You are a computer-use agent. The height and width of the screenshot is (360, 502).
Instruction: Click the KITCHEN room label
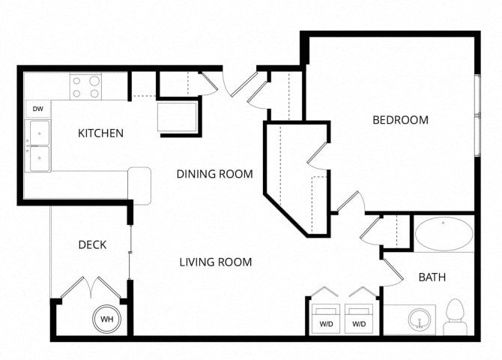click(x=100, y=133)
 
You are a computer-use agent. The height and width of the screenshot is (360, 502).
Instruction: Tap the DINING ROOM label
click(x=214, y=174)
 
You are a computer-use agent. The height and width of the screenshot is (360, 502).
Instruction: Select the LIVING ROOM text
click(x=216, y=262)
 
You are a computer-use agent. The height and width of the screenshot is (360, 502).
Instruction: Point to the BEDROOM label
click(x=401, y=120)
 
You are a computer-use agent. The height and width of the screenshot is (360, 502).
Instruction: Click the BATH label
click(x=432, y=277)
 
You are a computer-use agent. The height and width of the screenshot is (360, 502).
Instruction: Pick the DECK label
click(x=92, y=245)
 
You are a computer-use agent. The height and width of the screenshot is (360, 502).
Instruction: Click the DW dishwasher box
click(x=38, y=109)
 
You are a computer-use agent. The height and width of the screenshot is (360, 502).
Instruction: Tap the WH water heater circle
click(x=107, y=319)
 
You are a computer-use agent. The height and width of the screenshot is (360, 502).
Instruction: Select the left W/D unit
click(x=326, y=319)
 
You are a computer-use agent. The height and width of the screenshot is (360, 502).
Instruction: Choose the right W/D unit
click(x=359, y=319)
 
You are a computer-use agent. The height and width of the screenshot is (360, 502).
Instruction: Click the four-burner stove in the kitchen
click(x=85, y=86)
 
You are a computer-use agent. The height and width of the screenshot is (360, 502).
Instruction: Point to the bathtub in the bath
click(x=444, y=233)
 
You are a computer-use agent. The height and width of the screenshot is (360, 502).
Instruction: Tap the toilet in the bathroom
click(x=456, y=316)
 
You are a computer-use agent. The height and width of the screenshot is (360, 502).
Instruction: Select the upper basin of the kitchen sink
click(x=40, y=133)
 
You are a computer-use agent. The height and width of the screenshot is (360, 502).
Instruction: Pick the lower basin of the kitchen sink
click(x=40, y=158)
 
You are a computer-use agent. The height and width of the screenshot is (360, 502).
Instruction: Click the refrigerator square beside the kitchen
click(x=177, y=117)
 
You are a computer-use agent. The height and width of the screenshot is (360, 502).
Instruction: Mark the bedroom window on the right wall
click(x=478, y=115)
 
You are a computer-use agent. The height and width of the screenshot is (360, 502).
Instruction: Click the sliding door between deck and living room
click(x=130, y=253)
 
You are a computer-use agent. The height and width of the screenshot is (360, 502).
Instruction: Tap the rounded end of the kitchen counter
click(x=139, y=186)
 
